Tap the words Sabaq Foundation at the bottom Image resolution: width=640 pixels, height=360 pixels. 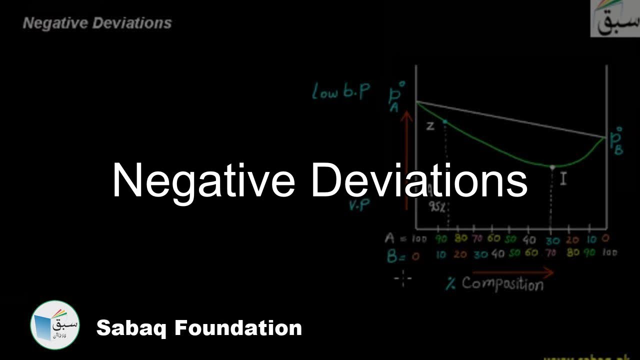[199, 328]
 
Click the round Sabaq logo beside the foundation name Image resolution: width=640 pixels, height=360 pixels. [55, 324]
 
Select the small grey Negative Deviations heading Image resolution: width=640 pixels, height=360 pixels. [97, 23]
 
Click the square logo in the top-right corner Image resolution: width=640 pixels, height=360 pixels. [614, 18]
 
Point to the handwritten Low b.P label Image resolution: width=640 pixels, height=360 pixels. [341, 92]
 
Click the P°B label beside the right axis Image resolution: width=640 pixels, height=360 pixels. [615, 141]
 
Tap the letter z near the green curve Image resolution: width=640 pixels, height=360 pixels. [430, 126]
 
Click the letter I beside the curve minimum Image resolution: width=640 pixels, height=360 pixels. [563, 178]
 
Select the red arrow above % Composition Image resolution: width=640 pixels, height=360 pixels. [512, 273]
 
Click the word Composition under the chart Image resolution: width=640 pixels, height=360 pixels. [502, 284]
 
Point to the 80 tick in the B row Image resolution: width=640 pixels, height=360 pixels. [573, 253]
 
